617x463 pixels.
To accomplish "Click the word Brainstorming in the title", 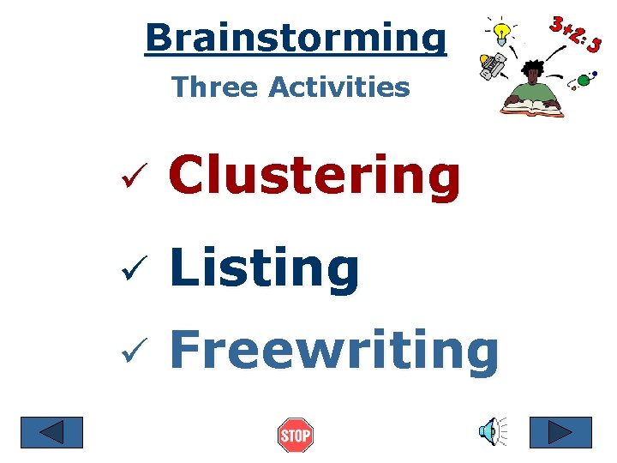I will coord(296,38).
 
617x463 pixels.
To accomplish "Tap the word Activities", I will coord(339,87).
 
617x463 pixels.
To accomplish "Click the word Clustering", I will coord(315,176).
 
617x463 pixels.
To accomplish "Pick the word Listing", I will coord(265,268).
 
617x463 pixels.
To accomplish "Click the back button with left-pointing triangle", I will coord(52,432).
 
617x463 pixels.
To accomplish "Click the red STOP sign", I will coord(296,436).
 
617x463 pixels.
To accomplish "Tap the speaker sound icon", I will coord(491,432).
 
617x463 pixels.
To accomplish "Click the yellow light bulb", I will coord(505,33).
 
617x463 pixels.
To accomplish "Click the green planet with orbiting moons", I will coord(584,81).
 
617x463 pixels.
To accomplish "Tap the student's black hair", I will coord(534,67).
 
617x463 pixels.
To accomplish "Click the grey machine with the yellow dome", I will coord(493,65).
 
